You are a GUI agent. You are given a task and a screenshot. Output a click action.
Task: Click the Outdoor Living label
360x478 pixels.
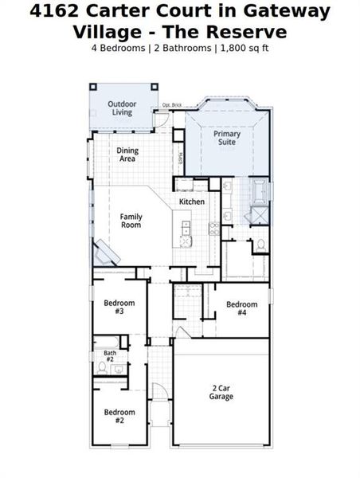(x=122, y=108)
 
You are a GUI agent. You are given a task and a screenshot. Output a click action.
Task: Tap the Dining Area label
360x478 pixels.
(x=127, y=155)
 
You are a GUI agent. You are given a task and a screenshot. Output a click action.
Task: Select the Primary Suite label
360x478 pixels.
(x=226, y=139)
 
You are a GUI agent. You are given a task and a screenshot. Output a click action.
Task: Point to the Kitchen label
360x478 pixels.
(x=191, y=202)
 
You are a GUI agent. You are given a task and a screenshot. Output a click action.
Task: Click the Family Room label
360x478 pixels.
(x=131, y=221)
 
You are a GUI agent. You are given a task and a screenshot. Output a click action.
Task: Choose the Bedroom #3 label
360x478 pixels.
(x=119, y=307)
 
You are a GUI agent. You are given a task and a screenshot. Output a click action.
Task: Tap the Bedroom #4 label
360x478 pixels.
(x=241, y=308)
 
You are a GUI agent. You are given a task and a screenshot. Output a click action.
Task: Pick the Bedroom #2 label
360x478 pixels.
(x=119, y=416)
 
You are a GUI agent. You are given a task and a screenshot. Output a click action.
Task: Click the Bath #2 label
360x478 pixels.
(x=109, y=356)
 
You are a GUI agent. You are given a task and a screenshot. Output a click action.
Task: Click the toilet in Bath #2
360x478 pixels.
(x=102, y=368)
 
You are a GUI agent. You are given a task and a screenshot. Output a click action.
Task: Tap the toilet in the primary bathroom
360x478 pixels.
(x=260, y=245)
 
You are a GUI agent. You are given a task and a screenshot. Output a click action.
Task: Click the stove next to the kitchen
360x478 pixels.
(x=213, y=228)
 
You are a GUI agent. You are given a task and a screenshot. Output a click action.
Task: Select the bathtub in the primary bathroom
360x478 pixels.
(x=260, y=192)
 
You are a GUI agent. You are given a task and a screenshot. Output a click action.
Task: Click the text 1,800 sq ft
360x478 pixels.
(x=244, y=48)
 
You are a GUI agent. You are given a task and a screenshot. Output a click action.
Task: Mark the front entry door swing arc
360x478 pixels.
(x=160, y=390)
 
